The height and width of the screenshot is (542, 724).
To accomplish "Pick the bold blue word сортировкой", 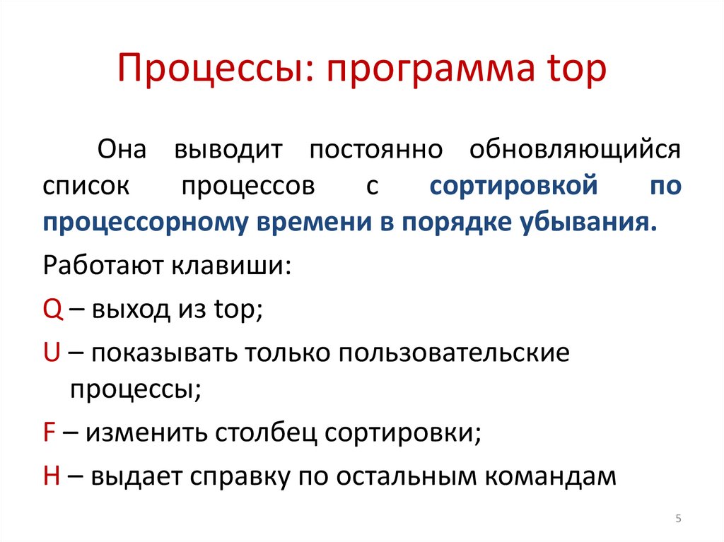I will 515,187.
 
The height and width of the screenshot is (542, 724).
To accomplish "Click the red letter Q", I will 52,310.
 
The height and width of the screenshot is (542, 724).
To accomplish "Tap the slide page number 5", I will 678,519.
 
